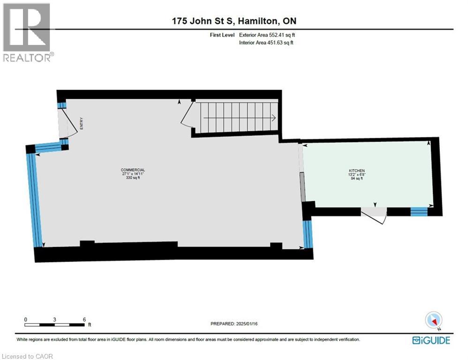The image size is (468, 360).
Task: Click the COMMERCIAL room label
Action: click(x=133, y=170)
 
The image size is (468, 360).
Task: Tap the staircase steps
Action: click(x=237, y=117)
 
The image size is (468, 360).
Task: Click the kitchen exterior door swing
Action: click(x=375, y=215)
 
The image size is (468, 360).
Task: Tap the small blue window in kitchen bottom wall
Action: click(x=419, y=212)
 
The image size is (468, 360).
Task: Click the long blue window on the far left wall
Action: click(x=35, y=199)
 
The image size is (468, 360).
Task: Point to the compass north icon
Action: click(x=433, y=320)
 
